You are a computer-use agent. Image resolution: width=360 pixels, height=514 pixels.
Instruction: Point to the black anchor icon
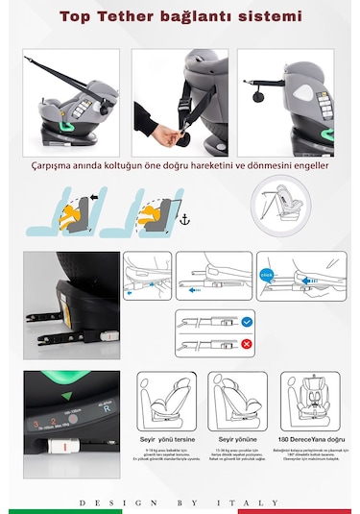[187, 221]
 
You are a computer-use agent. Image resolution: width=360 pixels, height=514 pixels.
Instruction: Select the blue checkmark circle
[249, 322]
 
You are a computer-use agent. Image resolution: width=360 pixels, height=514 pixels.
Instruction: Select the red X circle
[249, 343]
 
